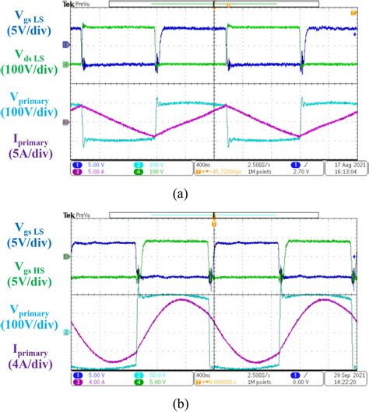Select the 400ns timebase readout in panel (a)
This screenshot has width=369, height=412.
pos(205,166)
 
